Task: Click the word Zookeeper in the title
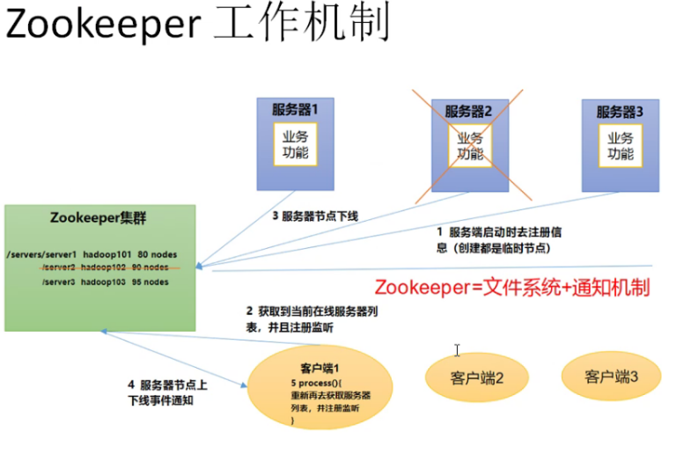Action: [x=102, y=26]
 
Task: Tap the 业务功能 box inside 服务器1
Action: [x=296, y=145]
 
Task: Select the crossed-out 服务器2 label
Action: [x=468, y=112]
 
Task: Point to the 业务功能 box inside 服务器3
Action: [x=621, y=145]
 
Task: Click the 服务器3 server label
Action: [x=621, y=112]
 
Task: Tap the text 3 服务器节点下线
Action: [x=314, y=216]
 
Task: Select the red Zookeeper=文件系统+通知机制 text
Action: [x=511, y=287]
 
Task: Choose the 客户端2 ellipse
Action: [x=476, y=377]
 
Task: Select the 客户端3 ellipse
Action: [x=611, y=376]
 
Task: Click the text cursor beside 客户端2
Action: [x=458, y=350]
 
